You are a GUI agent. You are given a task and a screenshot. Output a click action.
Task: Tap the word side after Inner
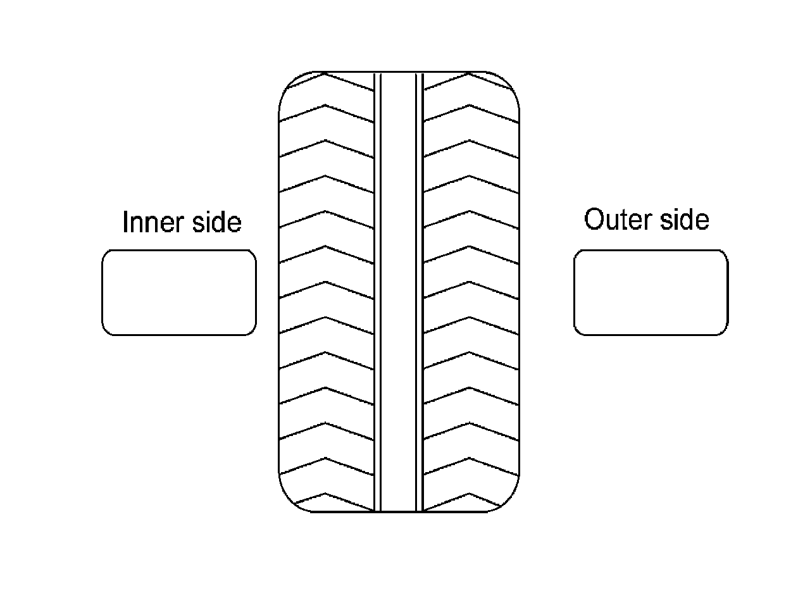pyautogui.click(x=216, y=223)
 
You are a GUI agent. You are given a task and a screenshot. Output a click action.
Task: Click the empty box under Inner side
pyautogui.click(x=179, y=292)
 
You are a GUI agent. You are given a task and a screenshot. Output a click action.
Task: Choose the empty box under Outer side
pyautogui.click(x=651, y=292)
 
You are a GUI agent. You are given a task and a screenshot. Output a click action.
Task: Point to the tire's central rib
pyautogui.click(x=398, y=291)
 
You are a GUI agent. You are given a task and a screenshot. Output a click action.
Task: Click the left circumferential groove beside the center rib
pyautogui.click(x=377, y=291)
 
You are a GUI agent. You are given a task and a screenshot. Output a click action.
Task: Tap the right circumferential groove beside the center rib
pyautogui.click(x=419, y=291)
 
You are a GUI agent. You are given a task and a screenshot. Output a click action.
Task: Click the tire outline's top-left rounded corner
pyautogui.click(x=289, y=85)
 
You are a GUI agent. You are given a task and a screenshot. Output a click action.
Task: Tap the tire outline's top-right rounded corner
pyautogui.click(x=510, y=85)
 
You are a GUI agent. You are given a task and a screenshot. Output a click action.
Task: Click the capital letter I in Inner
pyautogui.click(x=125, y=223)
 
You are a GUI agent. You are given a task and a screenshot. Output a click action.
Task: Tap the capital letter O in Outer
pyautogui.click(x=594, y=220)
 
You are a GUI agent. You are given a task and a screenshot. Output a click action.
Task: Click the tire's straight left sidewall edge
pyautogui.click(x=279, y=291)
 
